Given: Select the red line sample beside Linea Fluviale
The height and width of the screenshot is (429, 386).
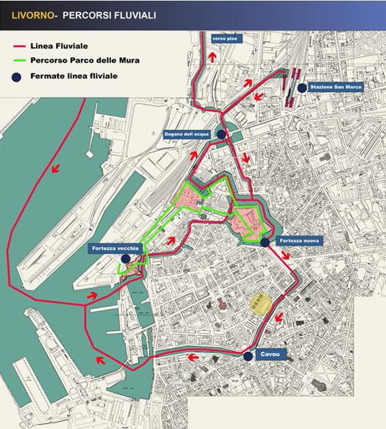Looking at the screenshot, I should click(x=19, y=46).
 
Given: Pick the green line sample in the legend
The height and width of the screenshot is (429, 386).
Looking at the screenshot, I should click(x=19, y=61).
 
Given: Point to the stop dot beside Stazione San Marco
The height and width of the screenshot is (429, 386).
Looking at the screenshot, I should click(x=301, y=87).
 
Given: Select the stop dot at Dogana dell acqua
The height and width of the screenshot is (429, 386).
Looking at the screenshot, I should click(x=220, y=134).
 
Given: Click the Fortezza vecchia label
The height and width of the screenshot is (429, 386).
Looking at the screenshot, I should click(x=114, y=248).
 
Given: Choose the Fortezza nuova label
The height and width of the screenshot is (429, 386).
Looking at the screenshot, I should click(x=298, y=241).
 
